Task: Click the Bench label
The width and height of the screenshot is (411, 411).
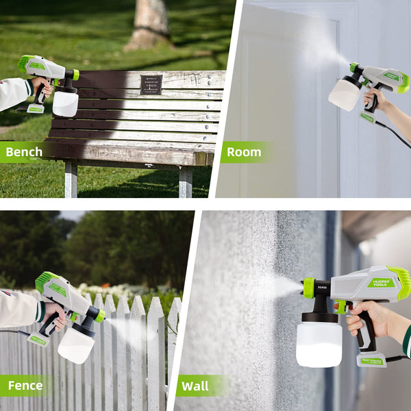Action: coord(24,151)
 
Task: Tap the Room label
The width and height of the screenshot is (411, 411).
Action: coord(244,151)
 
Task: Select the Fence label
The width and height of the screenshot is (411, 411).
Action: coord(25,386)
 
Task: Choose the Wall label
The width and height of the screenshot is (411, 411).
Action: coord(195,386)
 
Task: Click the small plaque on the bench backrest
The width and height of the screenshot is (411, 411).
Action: coord(151,84)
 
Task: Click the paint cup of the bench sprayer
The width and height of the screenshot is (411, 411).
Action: coord(66,103)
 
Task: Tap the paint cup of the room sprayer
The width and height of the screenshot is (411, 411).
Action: coord(343,95)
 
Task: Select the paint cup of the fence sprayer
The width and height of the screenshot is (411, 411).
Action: coord(75,344)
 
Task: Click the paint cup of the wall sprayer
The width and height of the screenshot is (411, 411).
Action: coord(319,344)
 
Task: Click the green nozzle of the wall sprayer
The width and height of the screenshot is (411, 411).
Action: coord(309,288)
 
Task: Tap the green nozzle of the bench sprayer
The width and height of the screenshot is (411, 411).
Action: coord(75,75)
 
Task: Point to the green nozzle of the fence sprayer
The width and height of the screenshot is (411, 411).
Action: coord(101,316)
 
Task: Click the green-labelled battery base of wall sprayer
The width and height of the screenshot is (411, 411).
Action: coord(372,360)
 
